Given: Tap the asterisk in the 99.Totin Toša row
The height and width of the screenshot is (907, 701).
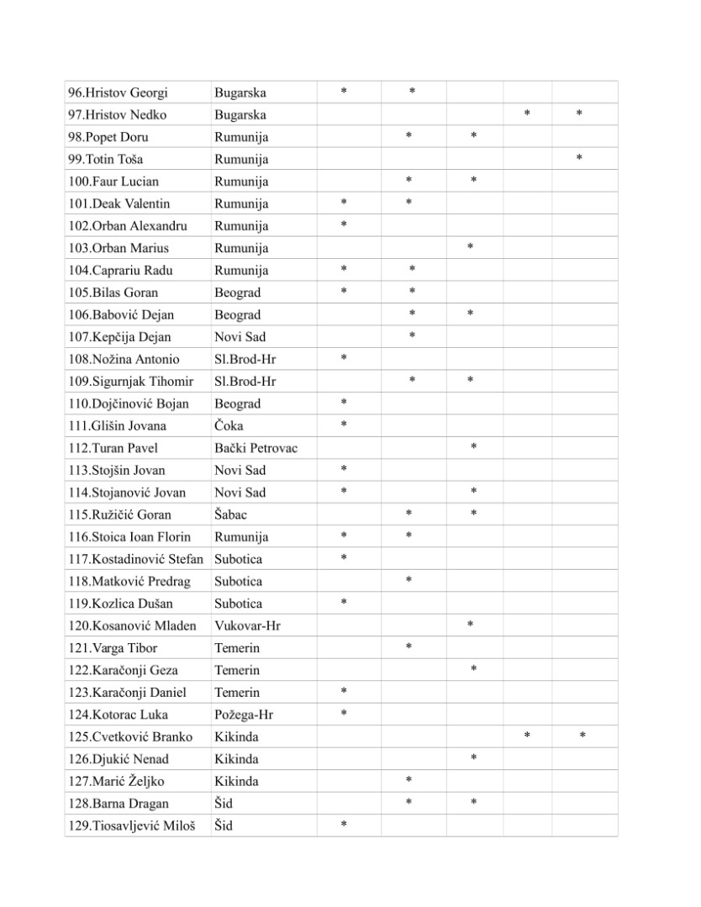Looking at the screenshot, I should [580, 158].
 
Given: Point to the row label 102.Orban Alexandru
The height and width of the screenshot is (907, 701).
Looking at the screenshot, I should [128, 226].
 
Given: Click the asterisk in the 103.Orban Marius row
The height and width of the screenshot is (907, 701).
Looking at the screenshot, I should [470, 246].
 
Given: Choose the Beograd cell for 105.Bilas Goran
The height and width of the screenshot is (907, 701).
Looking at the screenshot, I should [237, 293].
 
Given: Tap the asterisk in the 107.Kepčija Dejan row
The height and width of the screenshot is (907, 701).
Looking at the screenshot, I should [412, 336].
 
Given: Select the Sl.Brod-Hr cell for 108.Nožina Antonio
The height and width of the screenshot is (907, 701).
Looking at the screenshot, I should [245, 359].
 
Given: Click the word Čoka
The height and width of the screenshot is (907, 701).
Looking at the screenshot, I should [229, 426].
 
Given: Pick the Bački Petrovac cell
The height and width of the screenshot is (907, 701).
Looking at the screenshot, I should [256, 448].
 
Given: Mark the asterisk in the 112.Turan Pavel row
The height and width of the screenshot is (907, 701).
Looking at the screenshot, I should [474, 447].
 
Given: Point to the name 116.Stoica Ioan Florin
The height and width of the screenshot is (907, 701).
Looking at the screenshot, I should [129, 537].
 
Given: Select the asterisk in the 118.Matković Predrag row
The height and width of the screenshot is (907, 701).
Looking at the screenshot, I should [408, 580].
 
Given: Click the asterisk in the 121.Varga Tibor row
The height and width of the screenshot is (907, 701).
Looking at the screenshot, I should [408, 646].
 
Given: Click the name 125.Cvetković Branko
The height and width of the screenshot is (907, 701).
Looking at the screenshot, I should [130, 737].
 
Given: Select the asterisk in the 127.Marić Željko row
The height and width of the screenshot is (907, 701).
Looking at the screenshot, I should [408, 780].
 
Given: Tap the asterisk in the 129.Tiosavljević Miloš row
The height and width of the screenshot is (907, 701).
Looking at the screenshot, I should [344, 825].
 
